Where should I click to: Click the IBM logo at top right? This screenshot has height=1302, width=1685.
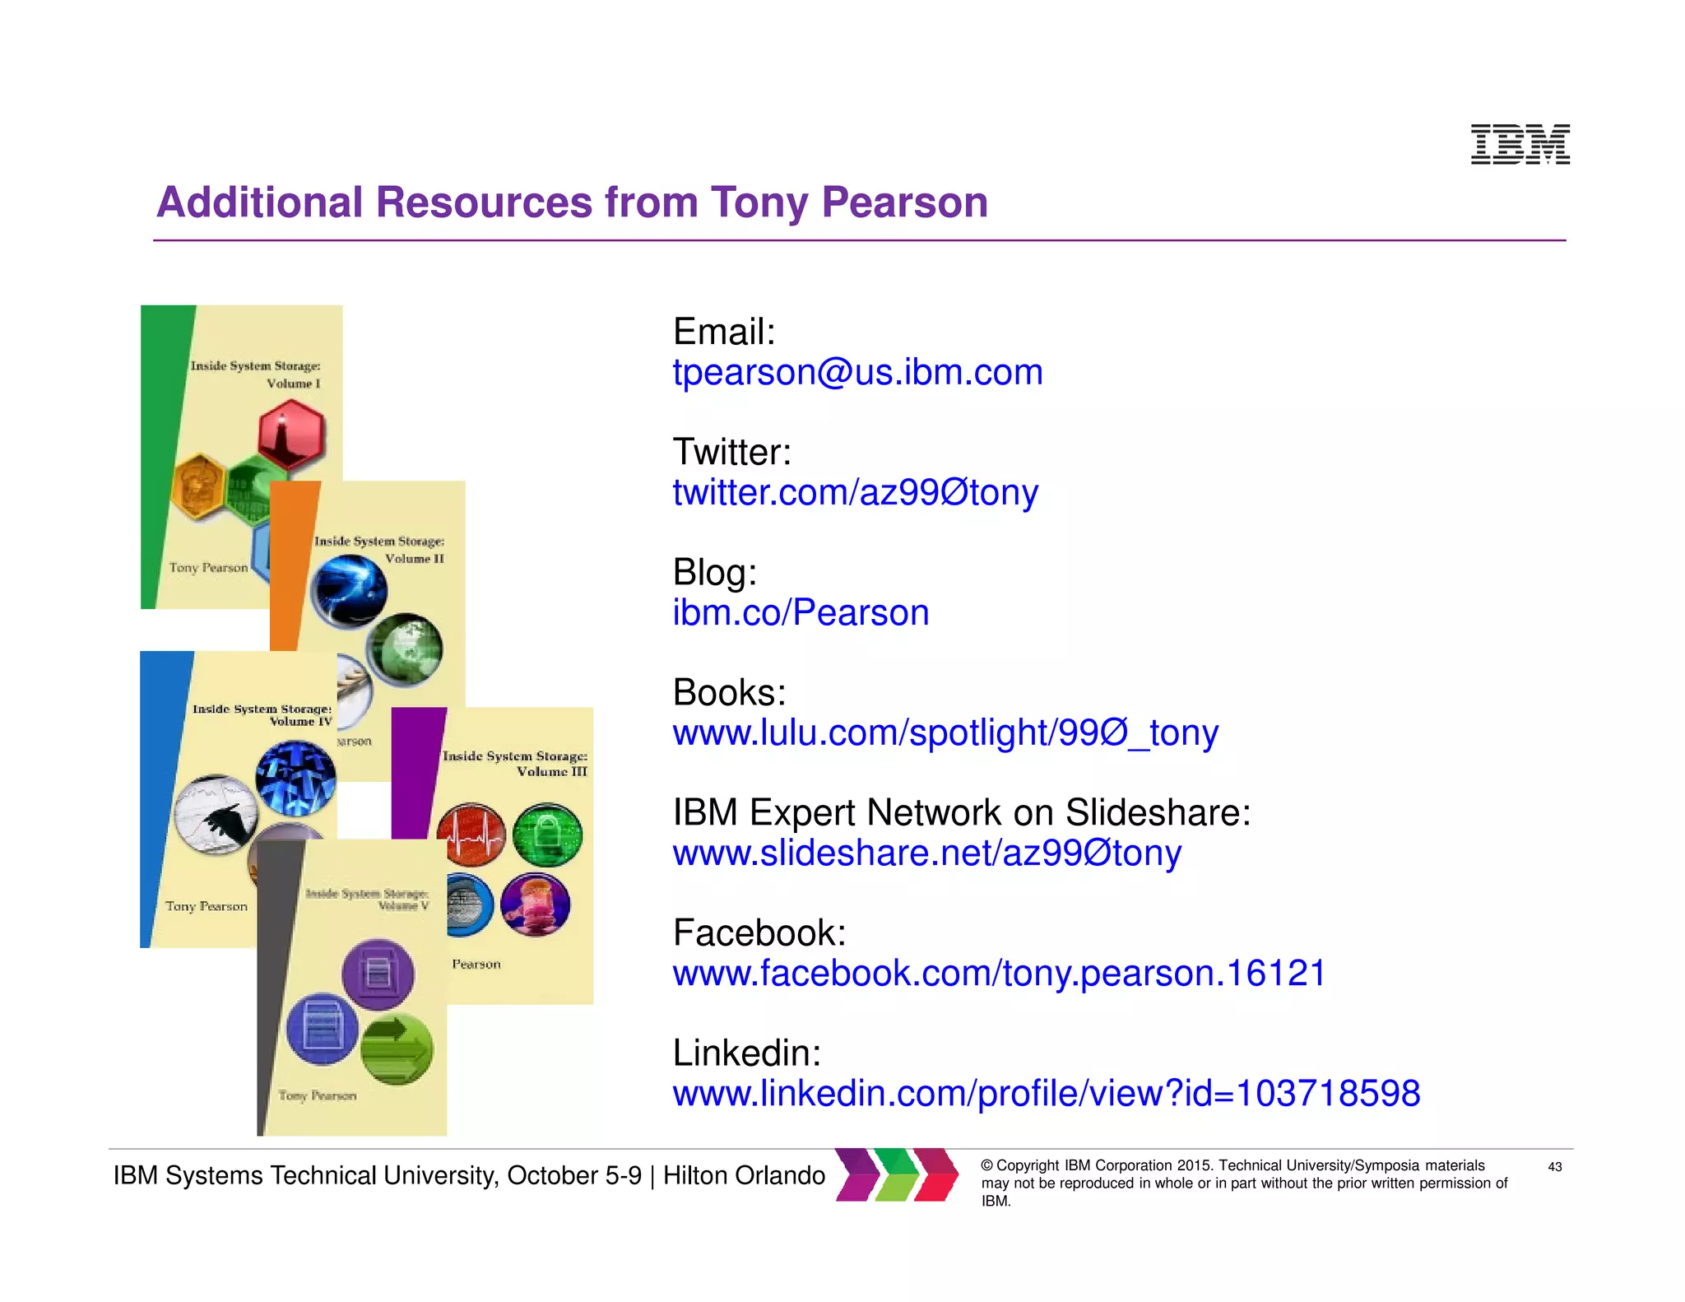(x=1520, y=145)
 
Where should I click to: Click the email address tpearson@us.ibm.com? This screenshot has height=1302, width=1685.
(x=857, y=373)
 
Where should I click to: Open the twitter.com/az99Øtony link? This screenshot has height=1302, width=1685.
(x=855, y=493)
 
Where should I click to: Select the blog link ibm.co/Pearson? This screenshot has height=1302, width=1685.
(x=801, y=613)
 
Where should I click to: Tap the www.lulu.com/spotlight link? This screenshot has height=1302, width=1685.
(x=945, y=733)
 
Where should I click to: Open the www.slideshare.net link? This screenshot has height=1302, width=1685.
(x=926, y=853)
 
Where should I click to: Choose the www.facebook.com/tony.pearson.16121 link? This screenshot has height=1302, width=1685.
(x=999, y=974)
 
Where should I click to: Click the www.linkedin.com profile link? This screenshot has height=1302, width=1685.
(x=1046, y=1094)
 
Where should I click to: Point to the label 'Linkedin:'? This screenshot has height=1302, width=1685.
(x=746, y=1053)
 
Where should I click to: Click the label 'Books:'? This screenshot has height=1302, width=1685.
(x=729, y=693)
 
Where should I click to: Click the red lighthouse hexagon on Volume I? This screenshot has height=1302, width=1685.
(x=291, y=434)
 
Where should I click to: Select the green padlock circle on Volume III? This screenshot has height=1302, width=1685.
(x=547, y=835)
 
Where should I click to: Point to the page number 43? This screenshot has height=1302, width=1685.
(x=1554, y=1167)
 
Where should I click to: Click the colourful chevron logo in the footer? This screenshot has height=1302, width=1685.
(x=897, y=1174)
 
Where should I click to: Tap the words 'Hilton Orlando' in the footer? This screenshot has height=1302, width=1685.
(x=744, y=1176)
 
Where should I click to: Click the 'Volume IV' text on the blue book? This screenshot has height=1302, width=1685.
(x=301, y=722)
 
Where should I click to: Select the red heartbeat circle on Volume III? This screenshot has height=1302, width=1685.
(x=471, y=835)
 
